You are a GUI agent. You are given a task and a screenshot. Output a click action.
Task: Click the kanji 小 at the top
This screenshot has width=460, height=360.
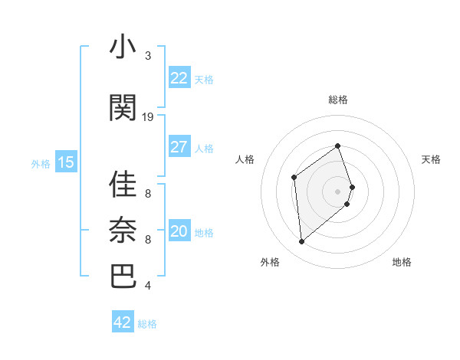point(123,47)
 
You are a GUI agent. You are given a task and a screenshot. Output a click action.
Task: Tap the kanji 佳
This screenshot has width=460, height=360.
point(123,185)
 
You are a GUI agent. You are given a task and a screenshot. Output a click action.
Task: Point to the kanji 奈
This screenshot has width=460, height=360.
point(123,230)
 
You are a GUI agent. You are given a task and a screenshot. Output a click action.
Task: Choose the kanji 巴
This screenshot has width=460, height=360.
point(123,276)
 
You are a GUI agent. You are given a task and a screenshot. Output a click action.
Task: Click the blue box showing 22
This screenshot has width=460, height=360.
point(179,78)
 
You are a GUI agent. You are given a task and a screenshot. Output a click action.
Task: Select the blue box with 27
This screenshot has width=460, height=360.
point(179,147)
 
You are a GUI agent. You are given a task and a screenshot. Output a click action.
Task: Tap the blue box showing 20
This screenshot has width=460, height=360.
point(179,232)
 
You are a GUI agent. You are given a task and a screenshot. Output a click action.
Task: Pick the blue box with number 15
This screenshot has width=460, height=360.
point(66,162)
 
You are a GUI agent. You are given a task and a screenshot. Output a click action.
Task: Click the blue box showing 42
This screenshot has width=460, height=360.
point(123,322)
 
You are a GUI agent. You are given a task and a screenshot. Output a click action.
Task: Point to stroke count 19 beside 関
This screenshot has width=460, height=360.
point(148,116)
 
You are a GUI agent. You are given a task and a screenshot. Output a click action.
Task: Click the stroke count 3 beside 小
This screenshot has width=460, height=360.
point(148,56)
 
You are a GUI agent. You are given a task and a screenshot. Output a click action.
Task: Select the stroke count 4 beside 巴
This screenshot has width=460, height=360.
point(148,286)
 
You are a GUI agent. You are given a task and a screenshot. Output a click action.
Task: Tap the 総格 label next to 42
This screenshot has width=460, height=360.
point(147,324)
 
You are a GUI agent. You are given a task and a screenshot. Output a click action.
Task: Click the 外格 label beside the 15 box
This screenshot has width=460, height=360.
point(40,163)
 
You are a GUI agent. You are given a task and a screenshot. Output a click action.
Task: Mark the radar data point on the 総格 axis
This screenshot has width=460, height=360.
point(337,146)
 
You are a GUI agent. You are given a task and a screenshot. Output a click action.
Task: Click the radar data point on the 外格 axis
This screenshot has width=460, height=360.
point(301,242)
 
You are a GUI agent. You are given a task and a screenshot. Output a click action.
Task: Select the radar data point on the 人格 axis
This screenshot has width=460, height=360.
point(294,178)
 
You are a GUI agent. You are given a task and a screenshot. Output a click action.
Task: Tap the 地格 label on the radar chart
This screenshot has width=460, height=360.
point(402,263)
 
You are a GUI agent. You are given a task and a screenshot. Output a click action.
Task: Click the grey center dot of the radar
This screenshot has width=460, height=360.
point(337,191)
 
